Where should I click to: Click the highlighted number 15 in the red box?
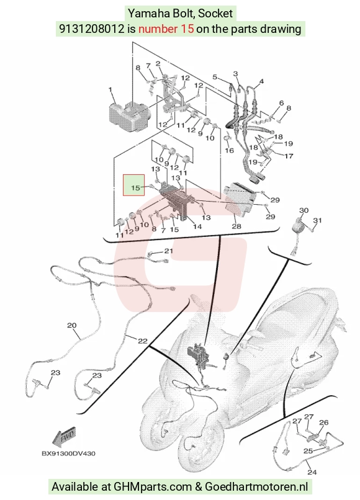tap(136, 187)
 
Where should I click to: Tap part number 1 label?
tap(110, 89)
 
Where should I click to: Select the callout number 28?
tap(236, 226)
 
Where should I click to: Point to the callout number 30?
tap(304, 210)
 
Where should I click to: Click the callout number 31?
tap(318, 220)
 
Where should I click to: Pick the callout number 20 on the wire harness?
tap(72, 325)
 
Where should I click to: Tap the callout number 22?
tap(143, 341)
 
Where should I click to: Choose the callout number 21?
tap(168, 251)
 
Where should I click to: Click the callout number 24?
tap(312, 472)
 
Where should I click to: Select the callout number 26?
tap(323, 422)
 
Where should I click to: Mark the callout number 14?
tap(197, 226)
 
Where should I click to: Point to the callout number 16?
tap(230, 150)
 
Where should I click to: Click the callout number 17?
tap(289, 156)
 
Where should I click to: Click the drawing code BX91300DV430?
tap(68, 453)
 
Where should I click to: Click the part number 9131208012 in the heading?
tap(92, 29)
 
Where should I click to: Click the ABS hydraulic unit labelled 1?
tap(129, 116)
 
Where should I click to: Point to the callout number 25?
tap(308, 451)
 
